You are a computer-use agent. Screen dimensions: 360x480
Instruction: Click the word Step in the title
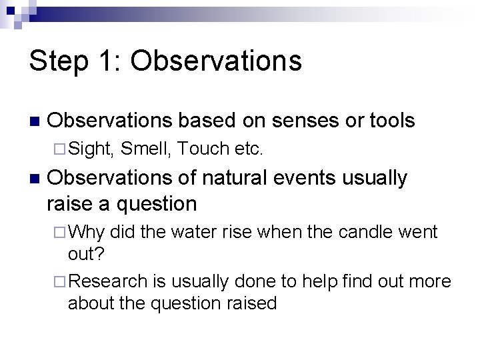pos(58,61)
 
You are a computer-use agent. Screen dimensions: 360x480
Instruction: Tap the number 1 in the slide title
pos(106,61)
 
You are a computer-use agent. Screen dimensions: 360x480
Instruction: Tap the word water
pos(190,232)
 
